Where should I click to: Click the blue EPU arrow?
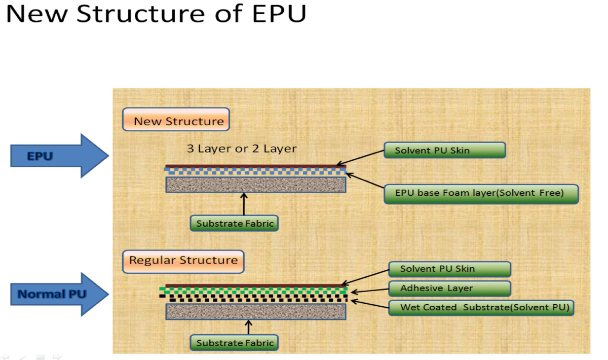(x=60, y=156)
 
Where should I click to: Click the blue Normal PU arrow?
(x=60, y=295)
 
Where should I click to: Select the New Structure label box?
(x=176, y=120)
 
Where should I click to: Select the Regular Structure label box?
(x=183, y=262)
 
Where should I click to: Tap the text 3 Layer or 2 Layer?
(x=242, y=149)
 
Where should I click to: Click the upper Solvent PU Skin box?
(x=445, y=150)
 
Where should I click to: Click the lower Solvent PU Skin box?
(x=450, y=269)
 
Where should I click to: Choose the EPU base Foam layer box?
(x=481, y=194)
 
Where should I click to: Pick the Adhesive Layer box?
(x=450, y=289)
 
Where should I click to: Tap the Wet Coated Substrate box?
(x=481, y=308)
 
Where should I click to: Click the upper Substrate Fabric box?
(x=234, y=223)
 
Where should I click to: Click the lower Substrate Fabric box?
(x=234, y=343)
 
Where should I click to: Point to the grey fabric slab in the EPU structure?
(x=256, y=185)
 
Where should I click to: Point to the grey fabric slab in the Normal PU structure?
(x=256, y=312)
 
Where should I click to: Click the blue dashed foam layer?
(x=255, y=171)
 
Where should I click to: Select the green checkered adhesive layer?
(x=253, y=291)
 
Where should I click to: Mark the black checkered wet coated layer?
(x=253, y=298)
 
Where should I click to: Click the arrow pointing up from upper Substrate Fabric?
(x=244, y=204)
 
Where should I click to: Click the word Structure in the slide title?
(x=140, y=14)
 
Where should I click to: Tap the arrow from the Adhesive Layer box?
(x=370, y=291)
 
